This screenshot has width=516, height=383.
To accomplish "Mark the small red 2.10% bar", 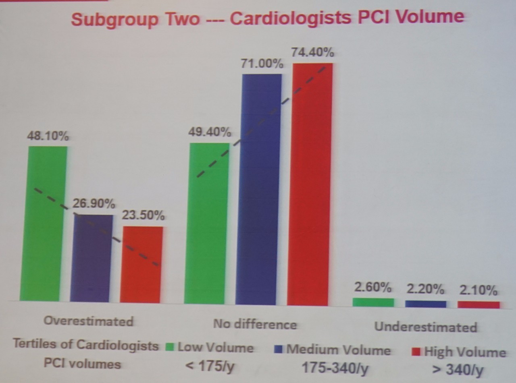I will click(x=479, y=305).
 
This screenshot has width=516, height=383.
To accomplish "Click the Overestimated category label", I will click(x=88, y=321).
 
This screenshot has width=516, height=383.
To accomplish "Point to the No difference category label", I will click(x=255, y=324).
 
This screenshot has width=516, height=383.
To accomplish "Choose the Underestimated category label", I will click(x=426, y=327).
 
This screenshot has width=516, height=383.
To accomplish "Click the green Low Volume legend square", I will click(x=169, y=347).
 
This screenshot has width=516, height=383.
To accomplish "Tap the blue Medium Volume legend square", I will click(x=278, y=348).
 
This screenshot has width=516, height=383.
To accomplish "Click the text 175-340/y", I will click(x=335, y=368).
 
